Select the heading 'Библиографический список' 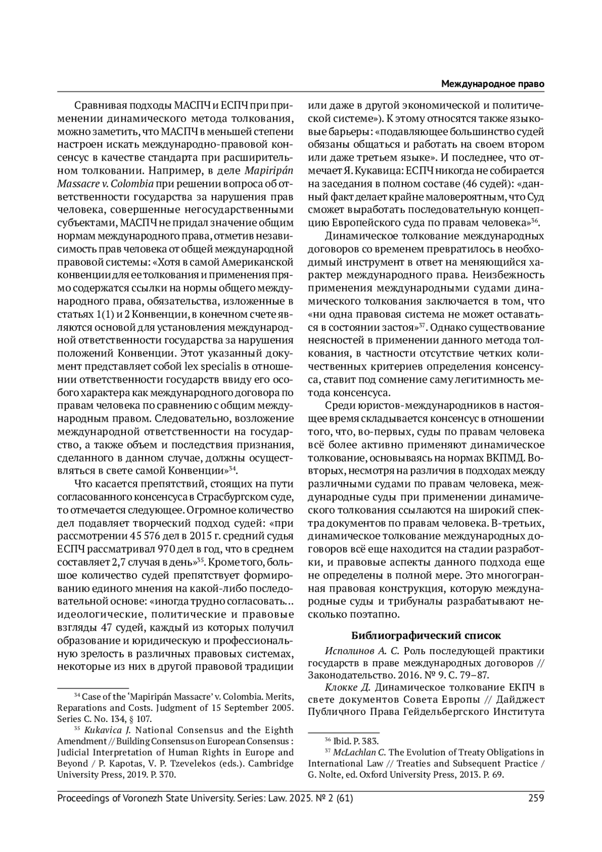(x=425, y=635)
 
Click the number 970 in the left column (x=166, y=547)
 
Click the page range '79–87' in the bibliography (x=471, y=675)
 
